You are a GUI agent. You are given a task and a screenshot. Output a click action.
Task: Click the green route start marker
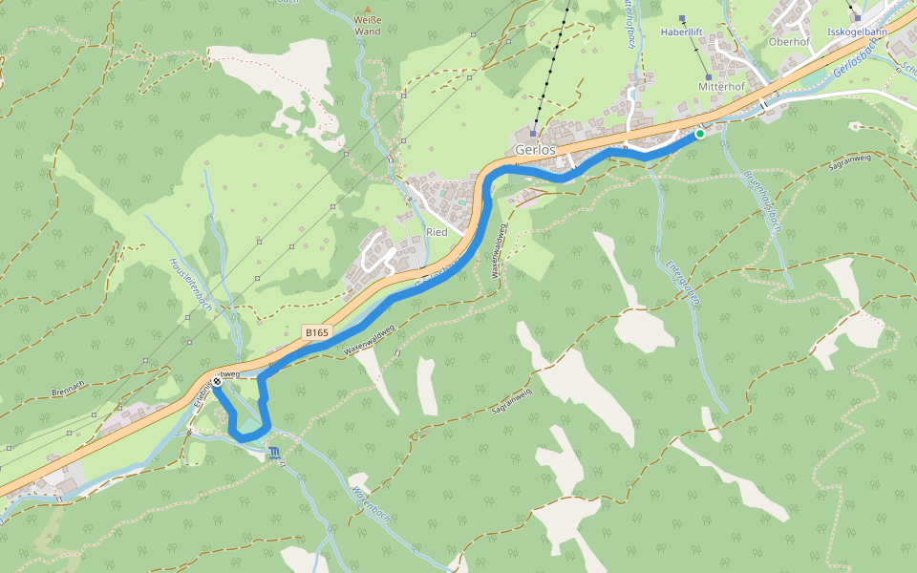coord(700,135)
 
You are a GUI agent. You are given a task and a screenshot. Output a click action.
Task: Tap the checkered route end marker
coord(218,382)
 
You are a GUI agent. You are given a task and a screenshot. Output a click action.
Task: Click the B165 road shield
coord(316,331)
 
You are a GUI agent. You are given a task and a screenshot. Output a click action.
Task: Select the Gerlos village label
coord(535,151)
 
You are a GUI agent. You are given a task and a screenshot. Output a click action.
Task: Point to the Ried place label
coord(437,232)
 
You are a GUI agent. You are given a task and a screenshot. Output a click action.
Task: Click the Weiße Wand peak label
coord(367,26)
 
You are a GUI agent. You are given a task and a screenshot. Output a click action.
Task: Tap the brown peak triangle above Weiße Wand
coord(367,9)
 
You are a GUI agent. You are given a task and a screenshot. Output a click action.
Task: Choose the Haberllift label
coord(682,32)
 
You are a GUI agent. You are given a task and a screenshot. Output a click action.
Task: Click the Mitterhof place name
coord(721,86)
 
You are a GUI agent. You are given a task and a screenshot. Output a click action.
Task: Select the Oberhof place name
coord(789,42)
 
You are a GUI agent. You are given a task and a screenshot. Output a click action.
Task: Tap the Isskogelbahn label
coord(857,32)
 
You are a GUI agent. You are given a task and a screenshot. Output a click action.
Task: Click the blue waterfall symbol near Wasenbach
coord(274,452)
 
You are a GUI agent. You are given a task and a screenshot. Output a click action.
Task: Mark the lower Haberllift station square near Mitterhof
coord(708,77)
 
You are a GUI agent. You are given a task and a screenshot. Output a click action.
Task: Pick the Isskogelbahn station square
coord(858,17)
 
